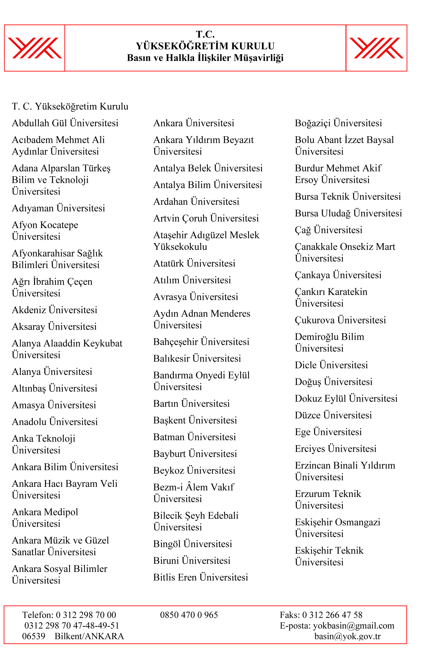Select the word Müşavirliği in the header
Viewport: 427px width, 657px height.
[259, 58]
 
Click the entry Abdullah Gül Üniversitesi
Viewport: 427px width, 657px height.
[65, 123]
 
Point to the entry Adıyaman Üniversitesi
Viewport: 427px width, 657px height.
[58, 208]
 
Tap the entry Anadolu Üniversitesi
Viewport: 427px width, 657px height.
[55, 422]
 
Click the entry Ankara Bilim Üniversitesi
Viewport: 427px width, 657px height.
[65, 467]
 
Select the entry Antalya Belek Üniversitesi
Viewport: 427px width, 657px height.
[208, 168]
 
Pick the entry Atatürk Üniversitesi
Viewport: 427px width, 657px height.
[194, 263]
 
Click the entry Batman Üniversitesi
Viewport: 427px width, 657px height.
[195, 437]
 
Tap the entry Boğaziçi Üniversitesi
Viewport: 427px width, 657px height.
[338, 123]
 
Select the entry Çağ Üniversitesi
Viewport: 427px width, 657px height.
[329, 230]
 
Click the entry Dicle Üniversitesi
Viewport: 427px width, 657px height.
[331, 365]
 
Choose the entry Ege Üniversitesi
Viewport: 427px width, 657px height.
[328, 432]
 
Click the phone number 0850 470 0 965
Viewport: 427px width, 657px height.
[189, 615]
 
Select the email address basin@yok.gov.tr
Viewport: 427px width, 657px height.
[348, 636]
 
